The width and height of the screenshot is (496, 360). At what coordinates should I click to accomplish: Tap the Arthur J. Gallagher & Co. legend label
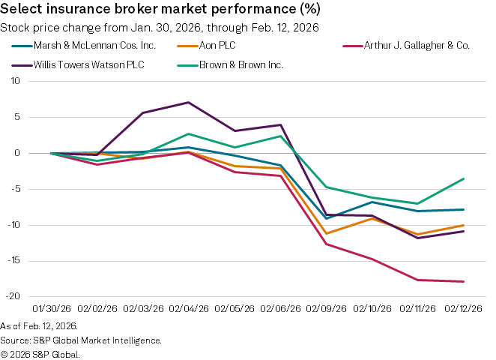[411, 46]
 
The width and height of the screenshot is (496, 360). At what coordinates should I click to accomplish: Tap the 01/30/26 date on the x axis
[52, 308]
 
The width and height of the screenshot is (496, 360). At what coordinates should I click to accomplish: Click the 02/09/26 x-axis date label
[325, 308]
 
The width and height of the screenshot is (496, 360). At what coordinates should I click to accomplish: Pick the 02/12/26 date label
[462, 308]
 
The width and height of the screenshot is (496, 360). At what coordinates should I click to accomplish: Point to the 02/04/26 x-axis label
[188, 308]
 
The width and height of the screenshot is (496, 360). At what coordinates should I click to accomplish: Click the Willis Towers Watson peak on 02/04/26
[188, 102]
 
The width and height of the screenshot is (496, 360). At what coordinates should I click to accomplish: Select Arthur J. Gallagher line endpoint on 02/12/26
[462, 281]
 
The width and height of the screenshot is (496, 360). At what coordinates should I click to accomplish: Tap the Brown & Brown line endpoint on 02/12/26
[462, 178]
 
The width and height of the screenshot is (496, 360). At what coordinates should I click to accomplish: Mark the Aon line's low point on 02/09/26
[325, 233]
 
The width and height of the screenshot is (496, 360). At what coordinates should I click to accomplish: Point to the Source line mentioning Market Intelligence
[81, 340]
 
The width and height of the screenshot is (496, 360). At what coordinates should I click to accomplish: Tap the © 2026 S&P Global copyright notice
[40, 353]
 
